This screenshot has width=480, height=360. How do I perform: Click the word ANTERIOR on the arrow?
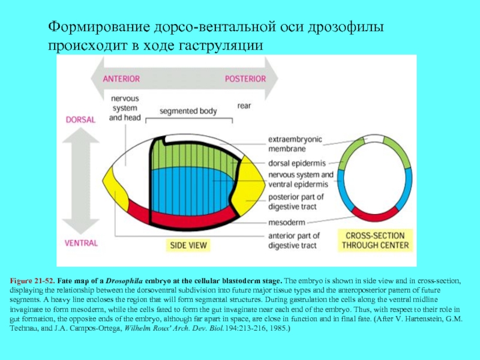[x=121, y=79]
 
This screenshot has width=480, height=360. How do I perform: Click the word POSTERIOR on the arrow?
[x=245, y=79]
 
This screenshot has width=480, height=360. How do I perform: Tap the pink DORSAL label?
[x=80, y=119]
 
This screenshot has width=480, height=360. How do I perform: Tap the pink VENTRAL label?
[x=81, y=242]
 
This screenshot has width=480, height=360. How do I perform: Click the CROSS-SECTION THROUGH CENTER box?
[x=376, y=241]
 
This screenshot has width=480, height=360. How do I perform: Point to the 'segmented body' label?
[x=188, y=111]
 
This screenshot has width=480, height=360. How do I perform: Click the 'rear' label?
[x=244, y=106]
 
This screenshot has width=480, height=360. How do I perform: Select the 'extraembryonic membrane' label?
[x=295, y=144]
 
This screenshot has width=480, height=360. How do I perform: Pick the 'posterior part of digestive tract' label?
[x=296, y=202]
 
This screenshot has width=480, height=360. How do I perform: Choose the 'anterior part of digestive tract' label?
[x=294, y=240]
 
